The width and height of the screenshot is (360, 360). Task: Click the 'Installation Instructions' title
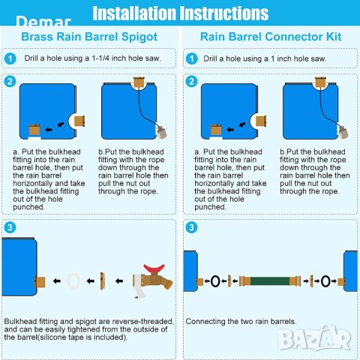click(x=181, y=13)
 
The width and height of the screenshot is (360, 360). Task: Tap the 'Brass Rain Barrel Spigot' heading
click(x=89, y=37)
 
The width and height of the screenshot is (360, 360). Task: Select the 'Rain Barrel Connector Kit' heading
click(x=271, y=37)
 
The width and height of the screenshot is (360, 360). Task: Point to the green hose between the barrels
click(x=270, y=281)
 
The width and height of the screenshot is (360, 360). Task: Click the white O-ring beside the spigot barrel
click(x=73, y=281)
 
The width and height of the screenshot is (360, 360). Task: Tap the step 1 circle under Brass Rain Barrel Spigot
click(x=10, y=59)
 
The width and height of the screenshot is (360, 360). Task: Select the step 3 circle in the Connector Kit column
click(x=192, y=227)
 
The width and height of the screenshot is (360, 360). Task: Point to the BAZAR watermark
click(x=314, y=338)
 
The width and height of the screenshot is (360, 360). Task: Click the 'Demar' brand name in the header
click(x=43, y=21)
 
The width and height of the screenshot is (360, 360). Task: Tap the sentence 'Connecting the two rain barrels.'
click(x=241, y=321)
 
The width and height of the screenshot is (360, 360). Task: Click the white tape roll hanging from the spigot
click(x=139, y=286)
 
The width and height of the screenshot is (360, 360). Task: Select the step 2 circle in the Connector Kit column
click(x=192, y=82)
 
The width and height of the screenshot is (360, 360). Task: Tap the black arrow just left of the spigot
click(x=119, y=281)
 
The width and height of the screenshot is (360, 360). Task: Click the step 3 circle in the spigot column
click(x=10, y=227)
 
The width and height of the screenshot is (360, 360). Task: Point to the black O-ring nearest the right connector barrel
click(x=325, y=281)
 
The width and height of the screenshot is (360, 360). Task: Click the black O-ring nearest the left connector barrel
click(x=215, y=281)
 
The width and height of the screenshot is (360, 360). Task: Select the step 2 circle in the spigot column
click(x=10, y=82)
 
